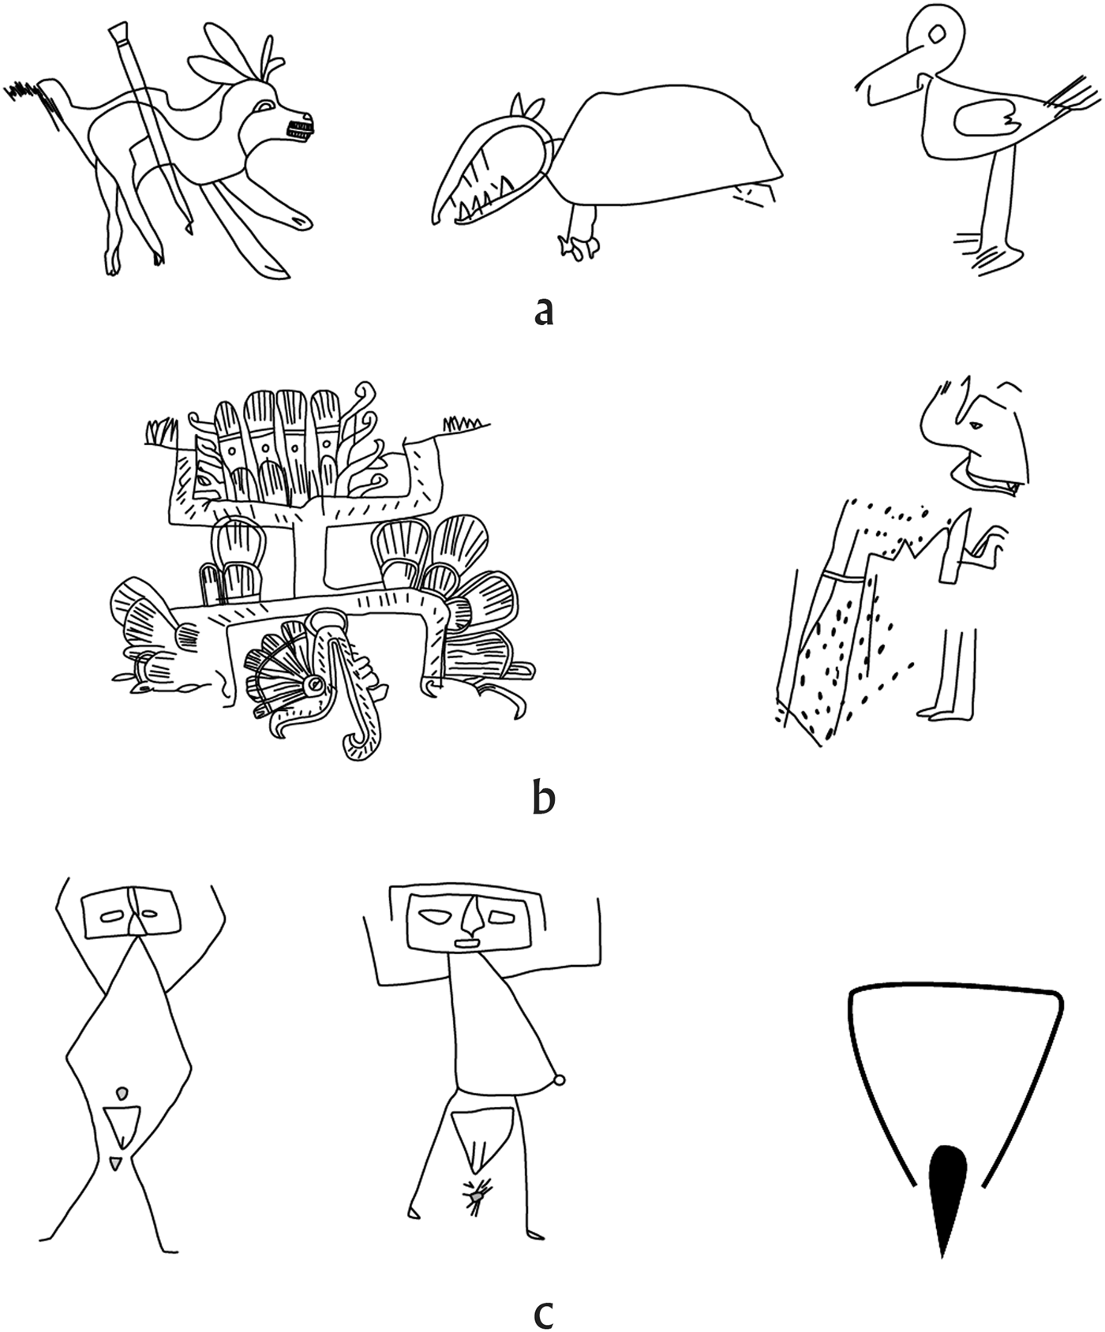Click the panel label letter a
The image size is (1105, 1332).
click(x=544, y=310)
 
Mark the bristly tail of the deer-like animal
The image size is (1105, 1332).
click(x=32, y=100)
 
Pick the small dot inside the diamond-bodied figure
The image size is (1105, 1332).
click(x=122, y=1093)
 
